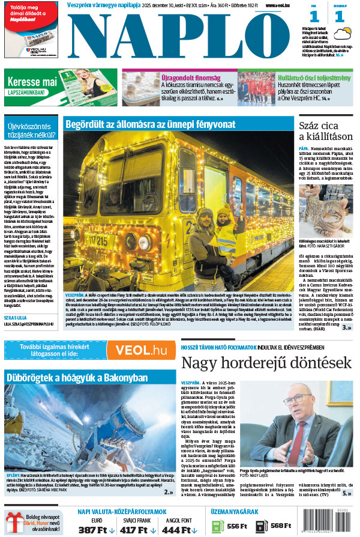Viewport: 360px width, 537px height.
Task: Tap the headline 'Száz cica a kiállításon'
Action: [x=325, y=132]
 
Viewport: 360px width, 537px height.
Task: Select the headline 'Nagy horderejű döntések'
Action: [x=266, y=363]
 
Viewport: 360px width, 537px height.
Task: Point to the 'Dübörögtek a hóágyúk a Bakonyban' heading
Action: [x=76, y=377]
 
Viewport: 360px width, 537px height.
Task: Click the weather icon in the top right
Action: [x=343, y=34]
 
